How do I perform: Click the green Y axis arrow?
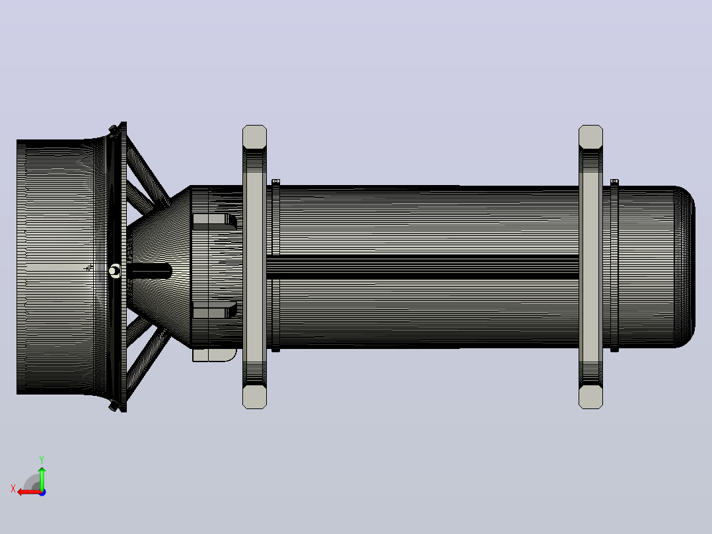42,477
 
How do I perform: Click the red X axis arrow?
29,492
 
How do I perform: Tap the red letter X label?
13,488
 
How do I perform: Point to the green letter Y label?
42,459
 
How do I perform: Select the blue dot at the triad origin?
42,492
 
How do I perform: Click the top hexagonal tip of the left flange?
255,136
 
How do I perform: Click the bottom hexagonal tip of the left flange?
255,397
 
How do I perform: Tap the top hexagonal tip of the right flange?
590,136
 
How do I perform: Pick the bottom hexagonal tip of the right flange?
590,397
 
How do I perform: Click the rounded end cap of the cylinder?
684,267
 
